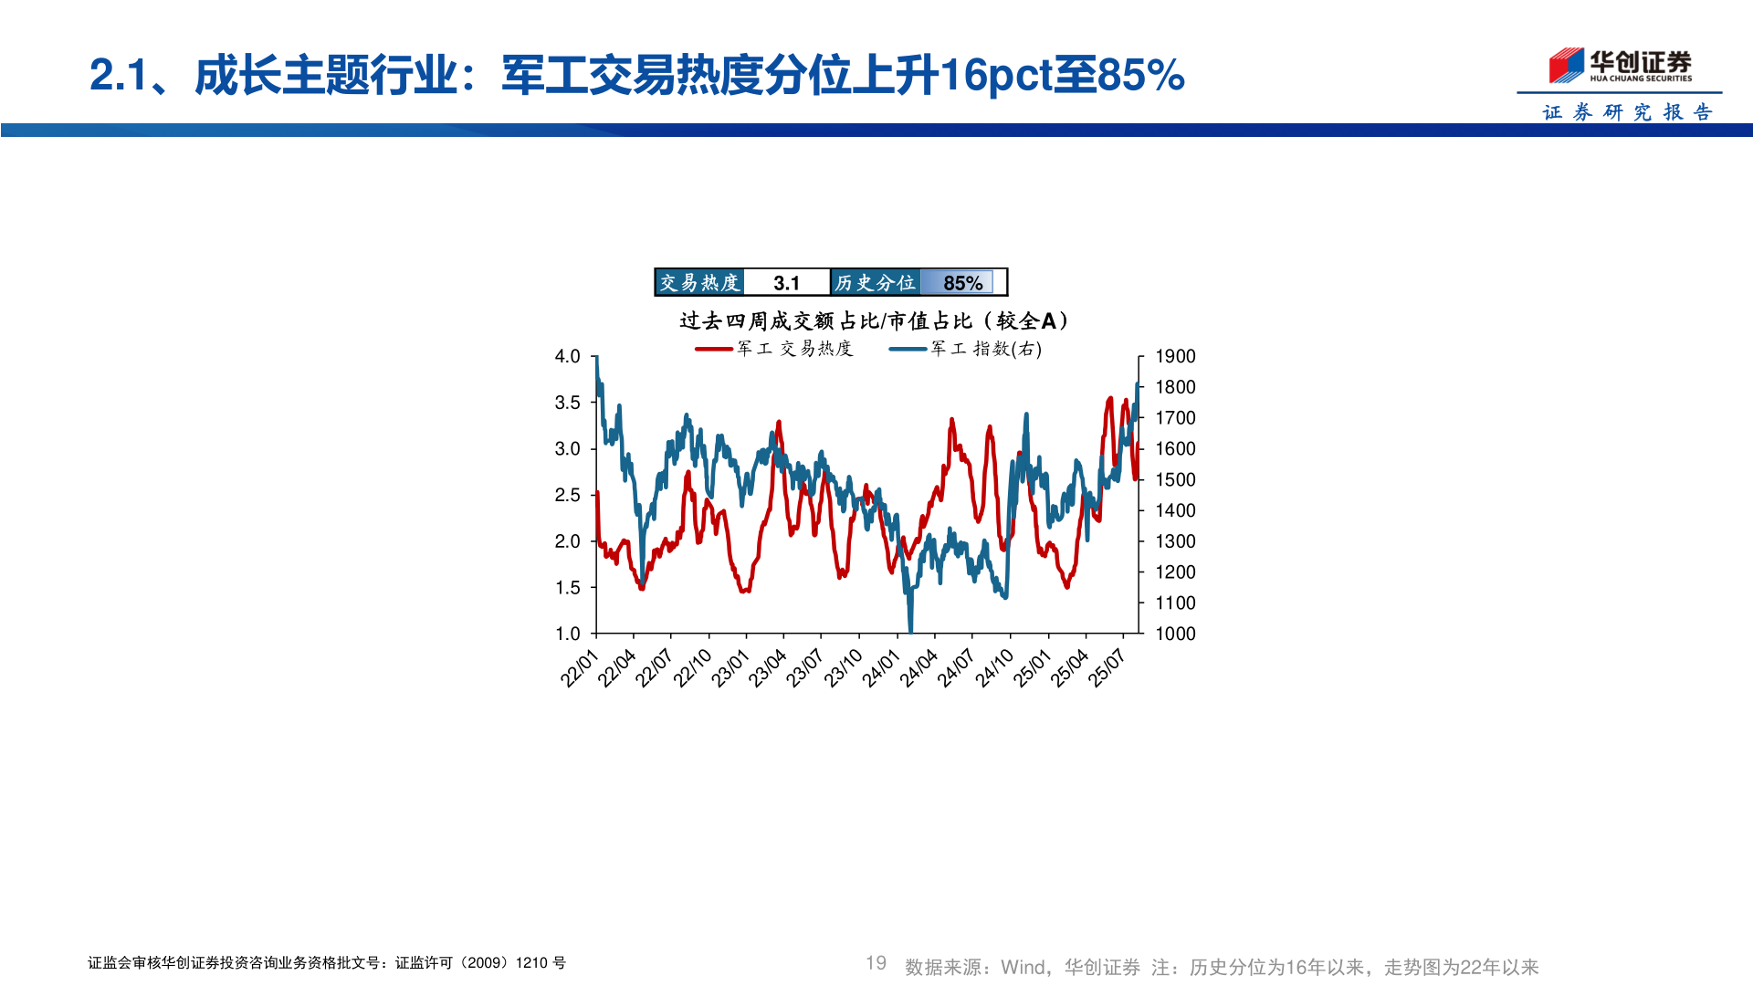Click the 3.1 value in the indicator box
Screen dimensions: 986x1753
click(x=786, y=283)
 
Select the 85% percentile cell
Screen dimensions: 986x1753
click(x=962, y=283)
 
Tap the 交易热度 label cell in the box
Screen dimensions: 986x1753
click(x=699, y=283)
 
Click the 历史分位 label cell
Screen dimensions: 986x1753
click(x=875, y=283)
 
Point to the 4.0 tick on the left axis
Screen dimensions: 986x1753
click(x=567, y=356)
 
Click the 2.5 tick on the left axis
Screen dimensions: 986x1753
click(x=567, y=495)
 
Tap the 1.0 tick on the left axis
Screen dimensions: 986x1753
click(x=567, y=634)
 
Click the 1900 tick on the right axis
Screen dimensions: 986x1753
click(x=1175, y=356)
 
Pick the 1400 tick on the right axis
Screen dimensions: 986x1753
click(x=1175, y=510)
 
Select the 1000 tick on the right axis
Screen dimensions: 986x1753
click(x=1175, y=634)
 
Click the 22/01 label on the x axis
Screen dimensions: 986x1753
click(x=579, y=668)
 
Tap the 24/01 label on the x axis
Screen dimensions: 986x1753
click(x=880, y=668)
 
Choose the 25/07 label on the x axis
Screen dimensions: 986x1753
click(x=1106, y=668)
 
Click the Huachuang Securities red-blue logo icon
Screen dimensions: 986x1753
click(x=1566, y=65)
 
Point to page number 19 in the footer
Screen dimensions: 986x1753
click(x=876, y=963)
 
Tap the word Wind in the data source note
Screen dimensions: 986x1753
click(x=1023, y=967)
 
